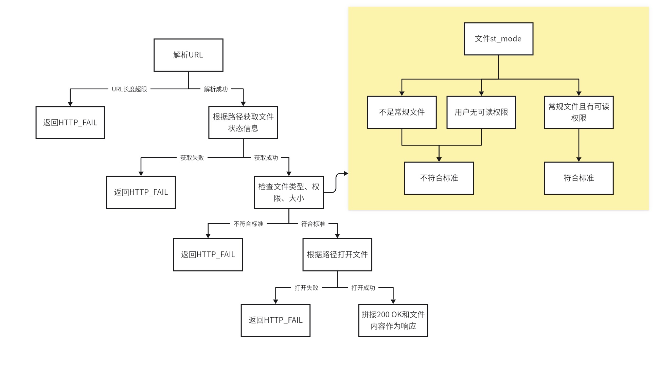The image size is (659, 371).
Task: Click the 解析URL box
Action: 188,55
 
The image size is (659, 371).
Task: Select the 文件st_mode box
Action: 498,39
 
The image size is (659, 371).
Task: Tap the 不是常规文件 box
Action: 402,112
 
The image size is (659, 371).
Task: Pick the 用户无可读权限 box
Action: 481,112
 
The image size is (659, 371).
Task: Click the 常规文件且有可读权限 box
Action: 578,112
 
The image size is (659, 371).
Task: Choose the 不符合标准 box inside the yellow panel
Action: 439,178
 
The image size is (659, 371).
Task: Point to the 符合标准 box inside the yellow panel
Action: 578,178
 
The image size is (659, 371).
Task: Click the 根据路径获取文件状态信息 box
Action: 243,123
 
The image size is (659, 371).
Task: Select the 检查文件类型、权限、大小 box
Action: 289,192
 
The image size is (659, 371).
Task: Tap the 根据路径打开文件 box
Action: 337,254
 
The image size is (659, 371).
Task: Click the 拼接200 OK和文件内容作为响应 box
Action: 393,320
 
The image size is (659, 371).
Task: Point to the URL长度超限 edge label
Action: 129,89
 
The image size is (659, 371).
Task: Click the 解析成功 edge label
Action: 216,89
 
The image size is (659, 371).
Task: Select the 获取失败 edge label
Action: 192,158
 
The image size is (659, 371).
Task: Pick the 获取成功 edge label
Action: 266,158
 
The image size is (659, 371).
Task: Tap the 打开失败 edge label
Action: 306,288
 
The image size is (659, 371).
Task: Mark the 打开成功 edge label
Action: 363,288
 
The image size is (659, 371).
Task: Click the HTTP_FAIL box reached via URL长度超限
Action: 70,123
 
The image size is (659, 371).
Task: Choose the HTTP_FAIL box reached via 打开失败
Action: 275,320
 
